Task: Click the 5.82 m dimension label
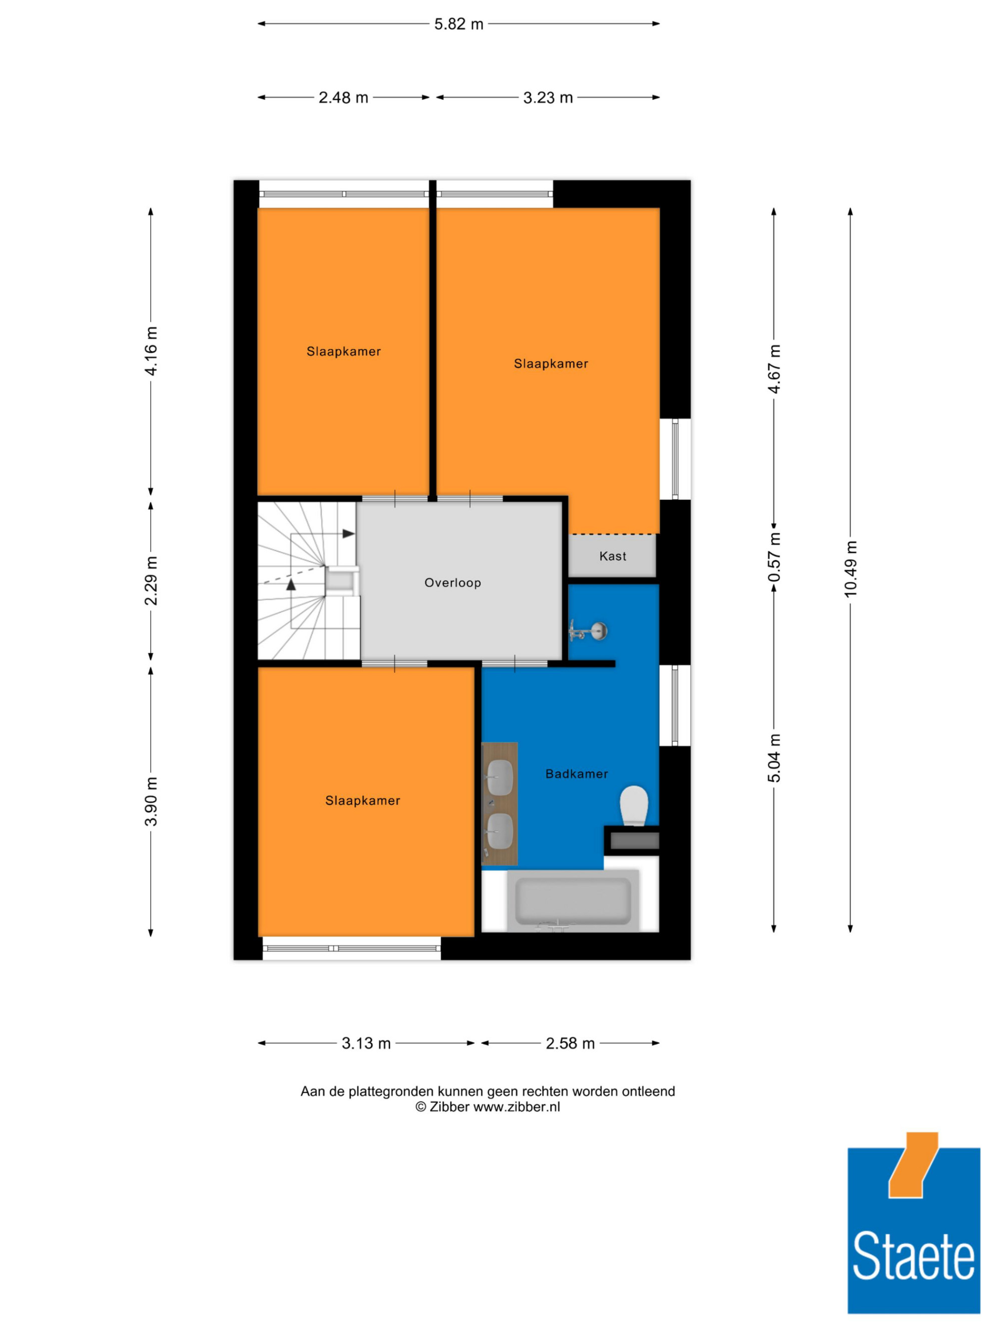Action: click(458, 24)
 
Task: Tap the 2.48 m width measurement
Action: click(343, 98)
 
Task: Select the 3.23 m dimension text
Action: click(548, 98)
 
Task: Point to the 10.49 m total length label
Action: click(850, 569)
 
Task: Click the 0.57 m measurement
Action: click(774, 558)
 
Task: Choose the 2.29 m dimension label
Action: click(151, 581)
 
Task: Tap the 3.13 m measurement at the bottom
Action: click(366, 1043)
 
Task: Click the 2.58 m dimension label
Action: click(570, 1043)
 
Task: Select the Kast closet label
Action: click(613, 556)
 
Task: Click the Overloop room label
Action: click(452, 583)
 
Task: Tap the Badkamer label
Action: click(576, 774)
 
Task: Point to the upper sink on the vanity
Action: click(499, 778)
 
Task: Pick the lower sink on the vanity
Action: click(499, 831)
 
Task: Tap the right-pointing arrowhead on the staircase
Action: click(349, 534)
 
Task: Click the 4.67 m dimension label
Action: click(774, 369)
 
